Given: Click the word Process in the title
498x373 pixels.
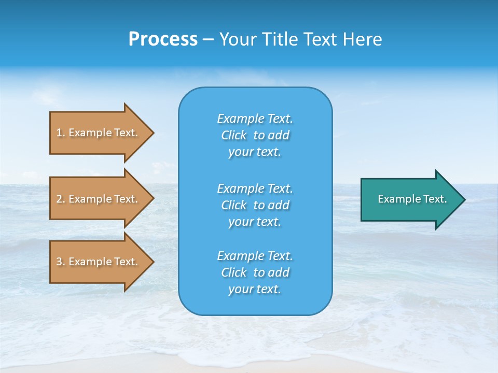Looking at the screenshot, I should (x=163, y=39).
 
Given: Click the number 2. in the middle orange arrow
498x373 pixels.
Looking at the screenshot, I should (x=61, y=199).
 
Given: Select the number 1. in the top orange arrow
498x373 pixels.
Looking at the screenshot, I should (x=61, y=133).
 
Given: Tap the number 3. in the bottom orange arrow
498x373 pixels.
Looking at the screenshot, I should (x=61, y=262).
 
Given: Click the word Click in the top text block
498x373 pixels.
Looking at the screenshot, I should (x=234, y=135).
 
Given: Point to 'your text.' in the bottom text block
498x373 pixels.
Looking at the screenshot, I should (x=255, y=289).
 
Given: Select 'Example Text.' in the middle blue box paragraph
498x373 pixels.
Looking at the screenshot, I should (x=255, y=188).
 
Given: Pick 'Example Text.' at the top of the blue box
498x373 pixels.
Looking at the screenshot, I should (x=255, y=119).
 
